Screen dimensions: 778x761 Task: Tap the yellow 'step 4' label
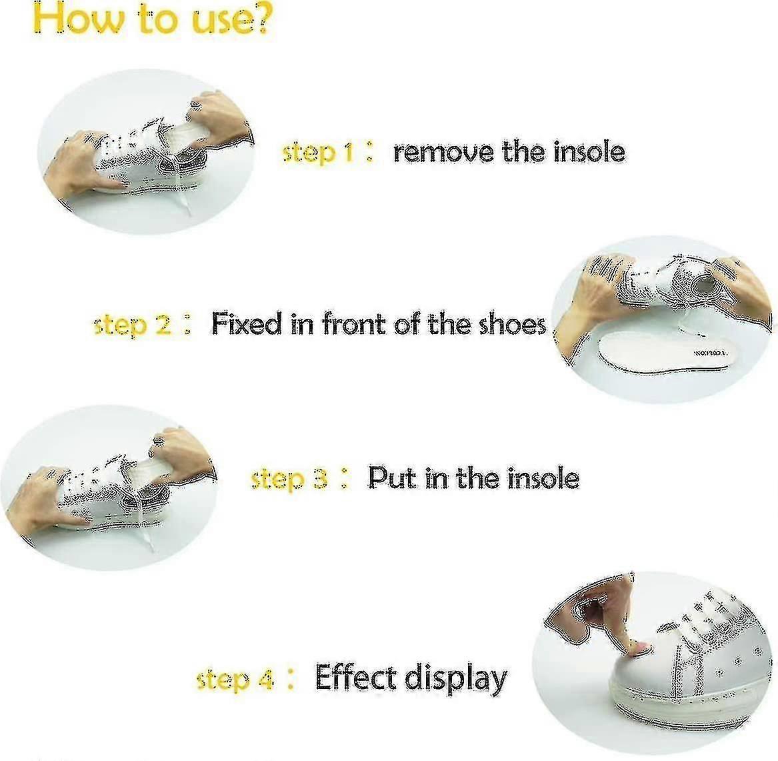[x=235, y=680]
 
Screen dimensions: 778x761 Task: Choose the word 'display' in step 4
[x=456, y=679]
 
